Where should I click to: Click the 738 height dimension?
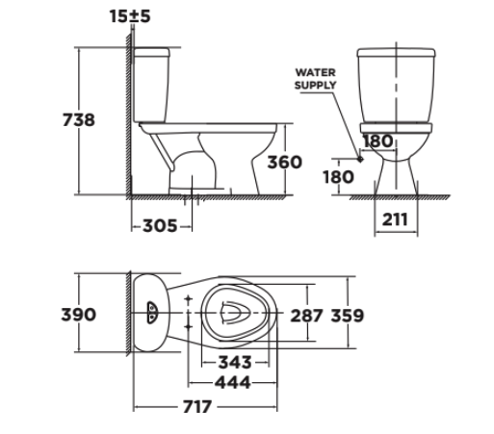click(79, 120)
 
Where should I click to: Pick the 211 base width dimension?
click(393, 218)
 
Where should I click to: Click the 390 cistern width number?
click(79, 315)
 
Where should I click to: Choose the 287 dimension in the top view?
click(307, 315)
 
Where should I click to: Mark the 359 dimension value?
click(348, 315)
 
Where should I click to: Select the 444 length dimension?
click(233, 382)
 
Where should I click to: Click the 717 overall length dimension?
click(197, 407)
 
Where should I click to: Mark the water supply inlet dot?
click(360, 160)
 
